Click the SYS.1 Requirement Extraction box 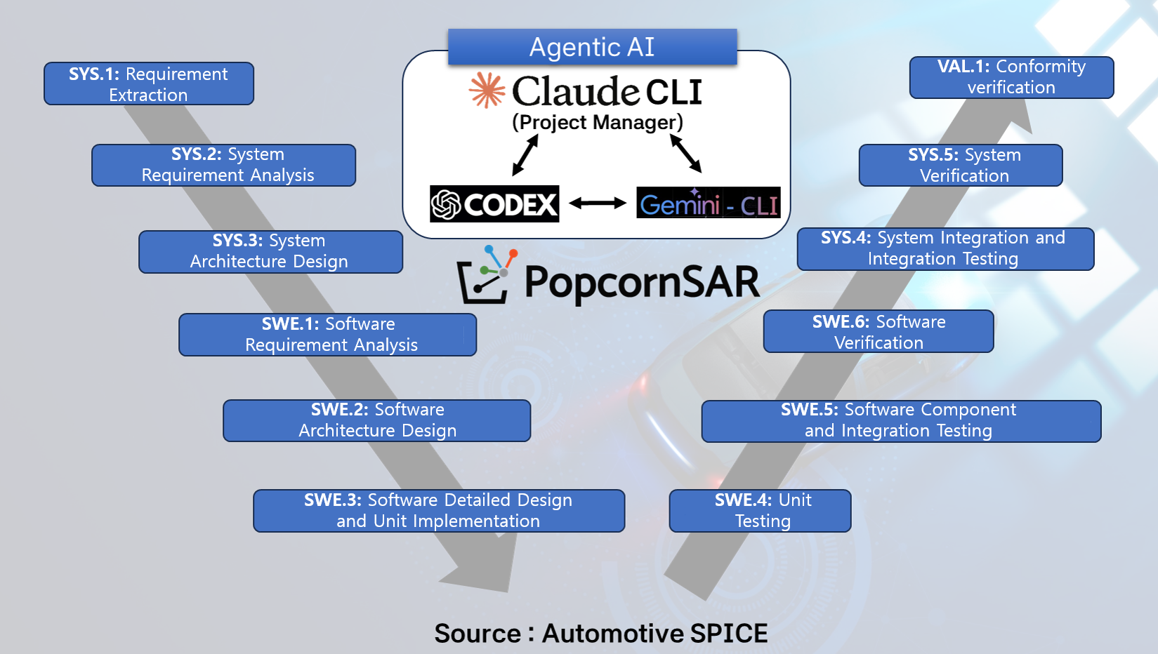pyautogui.click(x=148, y=84)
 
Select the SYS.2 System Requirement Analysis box pyautogui.click(x=223, y=165)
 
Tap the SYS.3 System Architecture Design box pyautogui.click(x=270, y=251)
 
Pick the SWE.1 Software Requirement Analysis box pyautogui.click(x=327, y=334)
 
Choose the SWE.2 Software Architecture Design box pyautogui.click(x=376, y=420)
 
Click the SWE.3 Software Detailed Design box pyautogui.click(x=438, y=510)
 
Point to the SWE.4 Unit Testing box pyautogui.click(x=760, y=510)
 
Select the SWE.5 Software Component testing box pyautogui.click(x=900, y=421)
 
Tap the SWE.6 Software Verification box pyautogui.click(x=878, y=331)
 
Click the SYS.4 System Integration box pyautogui.click(x=945, y=248)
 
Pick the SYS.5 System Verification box pyautogui.click(x=960, y=165)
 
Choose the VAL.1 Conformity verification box pyautogui.click(x=1011, y=77)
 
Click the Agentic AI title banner pyautogui.click(x=592, y=47)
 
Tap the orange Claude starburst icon pyautogui.click(x=487, y=90)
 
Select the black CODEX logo pyautogui.click(x=494, y=203)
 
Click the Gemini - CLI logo pyautogui.click(x=708, y=203)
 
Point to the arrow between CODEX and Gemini pyautogui.click(x=598, y=203)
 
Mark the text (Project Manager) pyautogui.click(x=597, y=122)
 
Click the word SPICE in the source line pyautogui.click(x=728, y=633)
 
